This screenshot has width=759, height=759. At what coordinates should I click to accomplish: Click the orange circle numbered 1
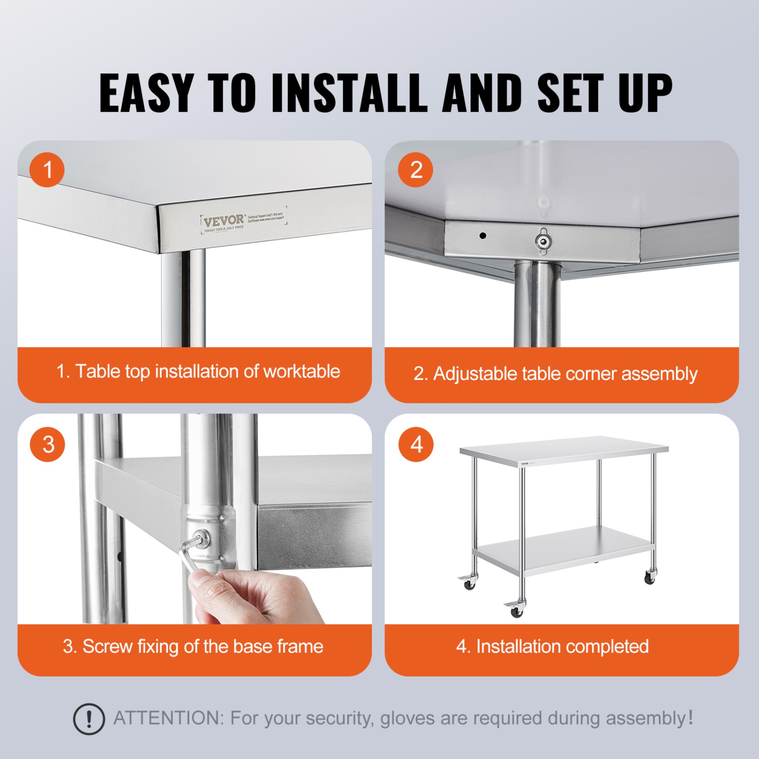point(47,170)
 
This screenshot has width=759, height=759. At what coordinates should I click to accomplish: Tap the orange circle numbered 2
point(415,170)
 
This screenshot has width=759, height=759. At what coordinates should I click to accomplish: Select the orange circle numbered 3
point(48,444)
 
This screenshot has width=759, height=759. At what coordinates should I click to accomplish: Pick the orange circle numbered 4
point(416,444)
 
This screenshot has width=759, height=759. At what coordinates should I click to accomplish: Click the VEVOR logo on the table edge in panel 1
point(224,221)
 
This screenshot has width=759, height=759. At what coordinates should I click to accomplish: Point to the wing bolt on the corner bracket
point(543,241)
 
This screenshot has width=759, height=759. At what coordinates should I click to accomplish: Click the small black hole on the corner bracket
point(483,235)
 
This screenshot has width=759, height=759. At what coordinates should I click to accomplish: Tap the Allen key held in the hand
point(190,554)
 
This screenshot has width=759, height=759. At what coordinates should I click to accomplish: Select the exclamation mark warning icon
point(89,719)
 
